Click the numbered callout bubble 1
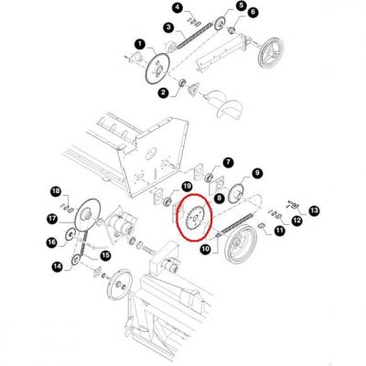coord(140,44)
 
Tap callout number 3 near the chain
coord(168,27)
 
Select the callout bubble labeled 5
coord(241,5)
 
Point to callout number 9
coord(257,173)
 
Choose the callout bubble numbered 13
coord(314,210)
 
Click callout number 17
coord(52,218)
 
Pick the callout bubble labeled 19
coord(187,186)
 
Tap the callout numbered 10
coord(206,250)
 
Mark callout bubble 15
coord(105,255)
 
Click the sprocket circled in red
coord(194,218)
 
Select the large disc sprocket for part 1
coord(157,70)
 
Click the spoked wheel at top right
coord(271,54)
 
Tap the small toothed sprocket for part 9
coord(235,193)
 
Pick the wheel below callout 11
coord(241,244)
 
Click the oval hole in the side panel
coord(151,154)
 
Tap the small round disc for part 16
coord(70,234)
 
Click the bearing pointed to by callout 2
coord(182,82)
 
